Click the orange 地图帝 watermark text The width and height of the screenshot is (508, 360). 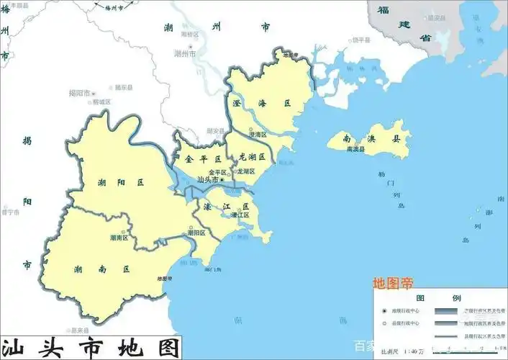tap(393, 282)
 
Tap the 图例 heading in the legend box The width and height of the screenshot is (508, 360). tap(440, 297)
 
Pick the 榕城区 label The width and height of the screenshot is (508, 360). tap(101, 102)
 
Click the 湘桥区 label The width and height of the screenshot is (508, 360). tap(190, 34)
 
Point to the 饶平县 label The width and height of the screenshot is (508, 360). tap(362, 40)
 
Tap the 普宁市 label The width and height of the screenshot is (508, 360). tap(11, 212)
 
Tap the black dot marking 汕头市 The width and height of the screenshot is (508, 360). tap(222, 179)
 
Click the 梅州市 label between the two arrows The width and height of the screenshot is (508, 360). tap(114, 7)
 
